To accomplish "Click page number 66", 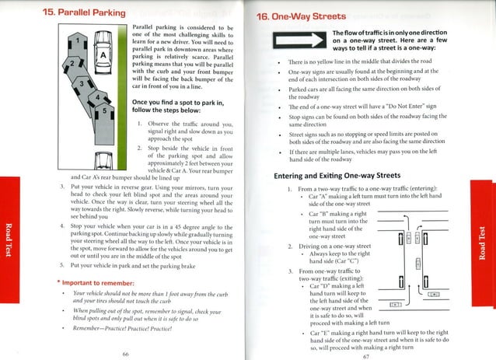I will (125, 352).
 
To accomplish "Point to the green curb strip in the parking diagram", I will (117, 93).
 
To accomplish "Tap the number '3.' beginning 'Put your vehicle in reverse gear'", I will (62, 187).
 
